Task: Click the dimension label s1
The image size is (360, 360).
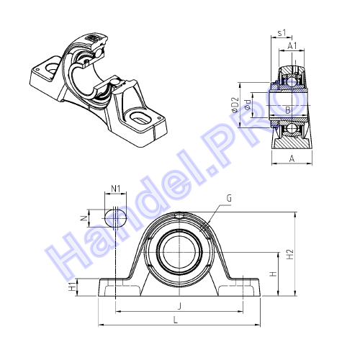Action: click(x=282, y=32)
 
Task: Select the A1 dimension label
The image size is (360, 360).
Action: click(x=292, y=45)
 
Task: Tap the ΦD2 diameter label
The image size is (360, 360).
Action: click(x=235, y=105)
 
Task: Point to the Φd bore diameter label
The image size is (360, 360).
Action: click(x=248, y=105)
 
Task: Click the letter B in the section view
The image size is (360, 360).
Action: click(x=288, y=110)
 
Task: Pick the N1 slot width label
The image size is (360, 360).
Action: click(x=116, y=189)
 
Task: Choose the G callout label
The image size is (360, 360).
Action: click(x=230, y=198)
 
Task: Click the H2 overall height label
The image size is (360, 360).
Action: click(x=290, y=254)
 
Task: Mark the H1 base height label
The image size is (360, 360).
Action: click(x=72, y=287)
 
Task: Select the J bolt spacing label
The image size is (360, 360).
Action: click(x=179, y=306)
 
